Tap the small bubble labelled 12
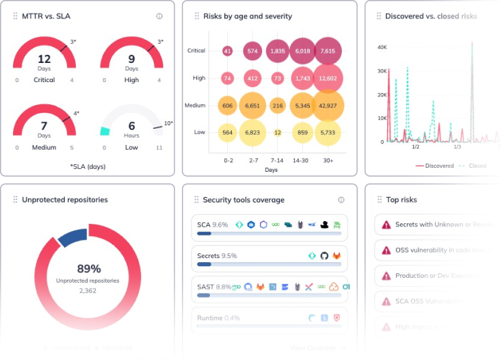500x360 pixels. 278,132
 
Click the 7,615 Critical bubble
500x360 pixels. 328,51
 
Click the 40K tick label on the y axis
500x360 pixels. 382,47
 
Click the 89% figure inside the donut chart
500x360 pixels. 88,269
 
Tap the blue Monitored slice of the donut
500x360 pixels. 73,236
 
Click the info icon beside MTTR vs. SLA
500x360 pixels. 159,16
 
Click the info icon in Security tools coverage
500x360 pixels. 341,200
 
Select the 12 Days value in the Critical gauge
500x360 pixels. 44,62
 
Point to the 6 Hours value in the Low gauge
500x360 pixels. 131,129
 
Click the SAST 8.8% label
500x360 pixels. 213,287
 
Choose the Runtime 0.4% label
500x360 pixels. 218,318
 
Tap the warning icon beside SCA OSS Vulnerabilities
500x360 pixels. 386,301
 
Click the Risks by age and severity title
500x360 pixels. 247,16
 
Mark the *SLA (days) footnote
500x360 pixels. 88,166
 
